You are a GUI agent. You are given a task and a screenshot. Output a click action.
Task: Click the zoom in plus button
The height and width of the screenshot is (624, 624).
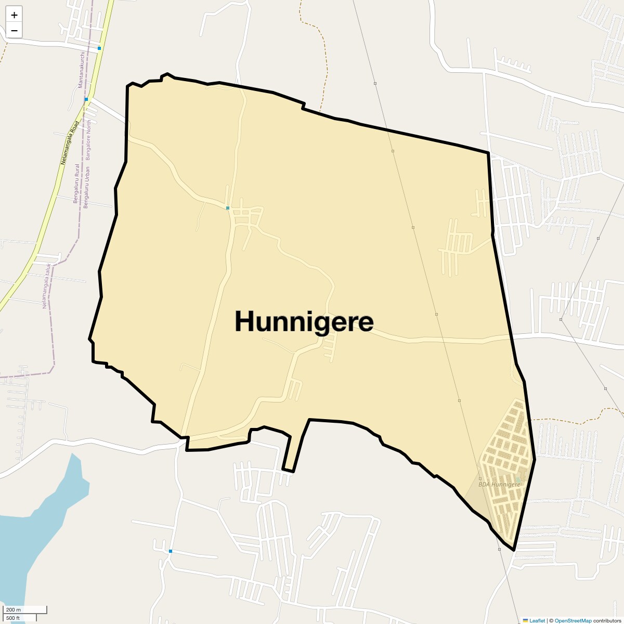14,15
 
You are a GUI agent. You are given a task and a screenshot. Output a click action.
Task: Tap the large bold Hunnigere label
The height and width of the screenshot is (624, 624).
304,321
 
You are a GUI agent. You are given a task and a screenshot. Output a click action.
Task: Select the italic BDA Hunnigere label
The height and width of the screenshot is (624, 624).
499,485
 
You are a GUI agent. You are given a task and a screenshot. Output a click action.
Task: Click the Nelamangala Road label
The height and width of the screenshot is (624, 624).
69,143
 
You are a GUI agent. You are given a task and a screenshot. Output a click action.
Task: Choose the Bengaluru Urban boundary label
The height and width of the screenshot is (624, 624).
86,187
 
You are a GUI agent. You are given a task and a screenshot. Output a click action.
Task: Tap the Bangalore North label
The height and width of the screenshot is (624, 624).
88,140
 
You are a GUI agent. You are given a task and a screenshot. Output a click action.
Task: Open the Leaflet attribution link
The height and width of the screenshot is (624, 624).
537,620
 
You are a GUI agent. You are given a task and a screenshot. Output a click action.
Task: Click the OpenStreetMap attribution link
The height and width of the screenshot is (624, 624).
573,620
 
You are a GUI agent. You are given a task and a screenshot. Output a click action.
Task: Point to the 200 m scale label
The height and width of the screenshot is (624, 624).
14,609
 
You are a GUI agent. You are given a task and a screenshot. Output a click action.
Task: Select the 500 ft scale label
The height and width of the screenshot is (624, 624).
13,618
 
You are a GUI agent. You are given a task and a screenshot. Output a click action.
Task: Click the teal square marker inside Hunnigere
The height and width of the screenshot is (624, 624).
228,208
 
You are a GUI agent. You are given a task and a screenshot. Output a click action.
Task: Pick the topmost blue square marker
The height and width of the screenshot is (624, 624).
99,48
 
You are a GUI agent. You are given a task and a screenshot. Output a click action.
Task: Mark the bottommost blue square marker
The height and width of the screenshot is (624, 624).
170,551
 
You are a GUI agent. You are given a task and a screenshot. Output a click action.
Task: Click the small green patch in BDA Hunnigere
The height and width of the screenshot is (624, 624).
518,479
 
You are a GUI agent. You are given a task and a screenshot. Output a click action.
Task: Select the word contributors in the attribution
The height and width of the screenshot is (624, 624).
607,620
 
